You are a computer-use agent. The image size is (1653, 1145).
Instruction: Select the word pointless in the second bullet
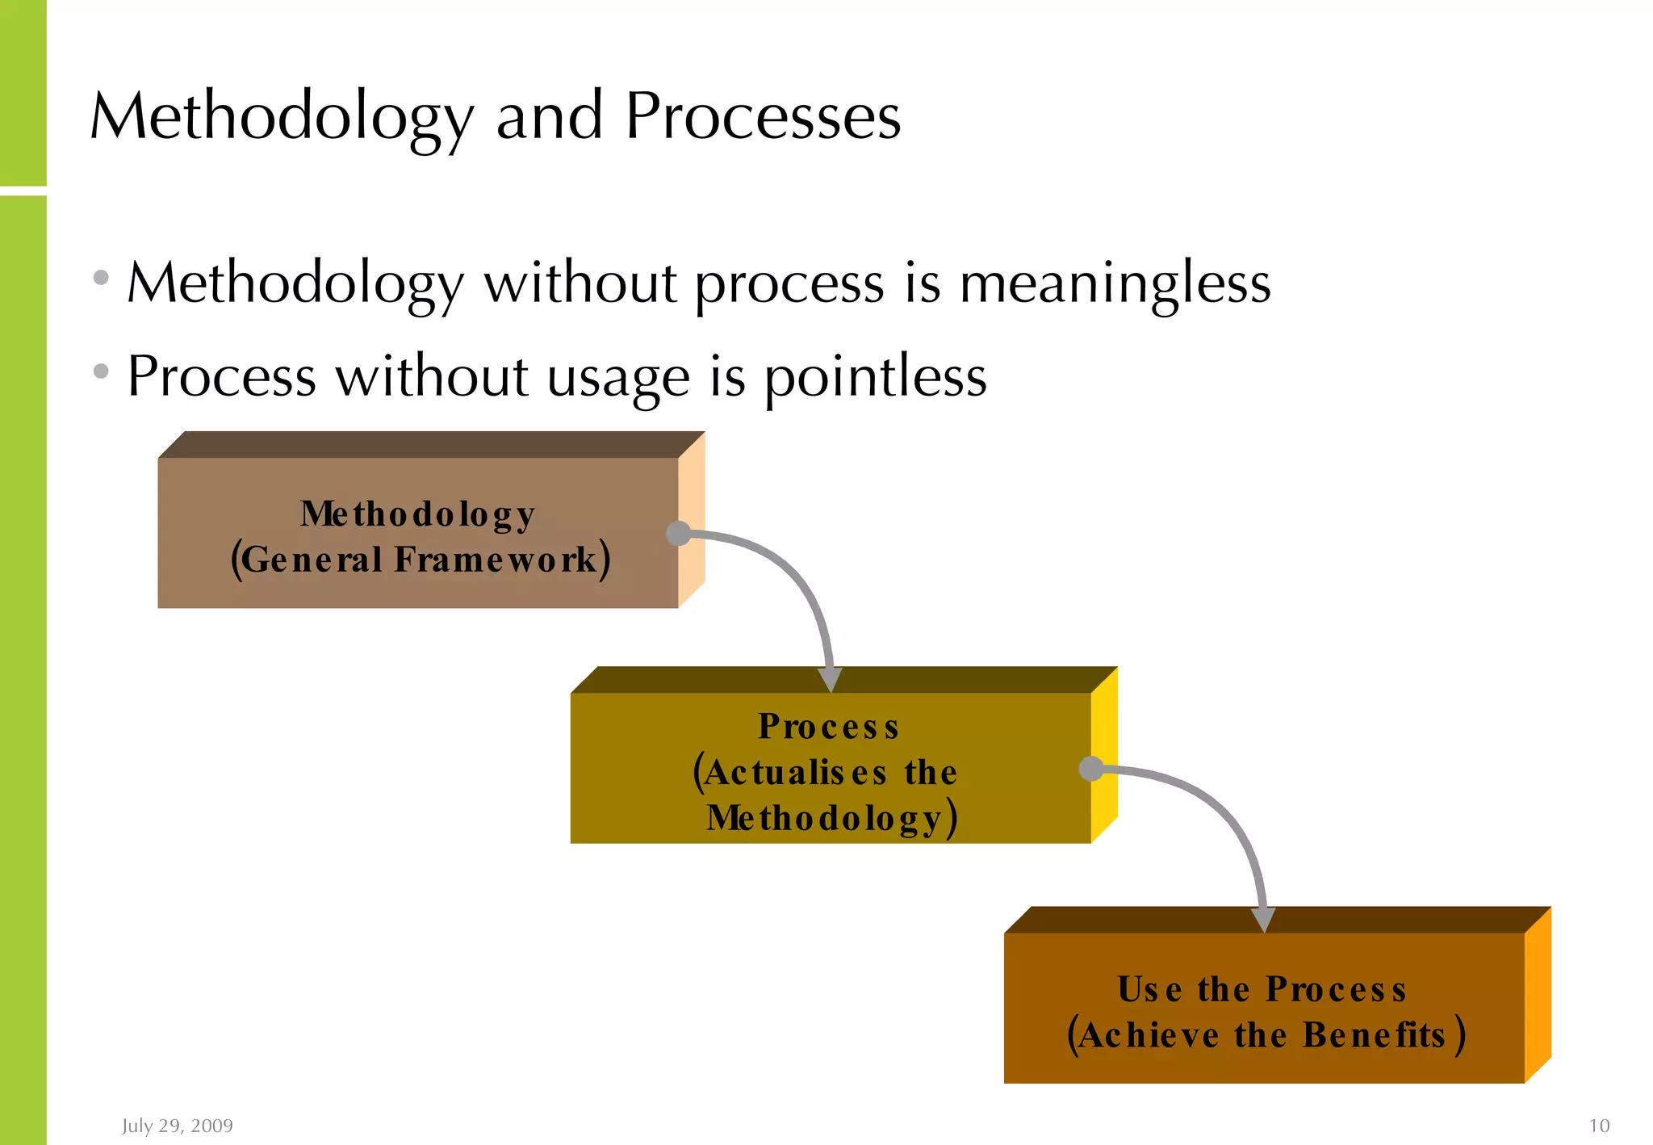875,377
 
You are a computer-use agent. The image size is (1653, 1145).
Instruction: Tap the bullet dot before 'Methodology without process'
101,278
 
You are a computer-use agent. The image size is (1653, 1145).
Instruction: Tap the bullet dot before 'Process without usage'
101,371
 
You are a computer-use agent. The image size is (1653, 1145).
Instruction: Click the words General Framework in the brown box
419,560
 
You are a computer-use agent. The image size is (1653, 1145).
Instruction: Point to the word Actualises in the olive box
795,773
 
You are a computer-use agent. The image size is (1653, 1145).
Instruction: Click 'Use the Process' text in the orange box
1262,990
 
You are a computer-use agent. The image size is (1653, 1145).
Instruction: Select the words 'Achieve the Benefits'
1265,1036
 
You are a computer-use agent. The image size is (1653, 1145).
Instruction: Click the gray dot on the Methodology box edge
679,533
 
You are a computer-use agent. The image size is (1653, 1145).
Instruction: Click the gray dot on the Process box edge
1091,768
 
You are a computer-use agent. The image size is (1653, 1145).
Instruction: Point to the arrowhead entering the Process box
830,679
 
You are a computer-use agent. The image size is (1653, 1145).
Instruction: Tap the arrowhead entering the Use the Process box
1263,919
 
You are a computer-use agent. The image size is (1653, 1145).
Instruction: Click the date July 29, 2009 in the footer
178,1126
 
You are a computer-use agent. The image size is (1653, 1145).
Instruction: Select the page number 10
1598,1126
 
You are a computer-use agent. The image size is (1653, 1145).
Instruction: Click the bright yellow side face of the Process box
1104,755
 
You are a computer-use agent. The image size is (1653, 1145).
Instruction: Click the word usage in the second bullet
618,377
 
